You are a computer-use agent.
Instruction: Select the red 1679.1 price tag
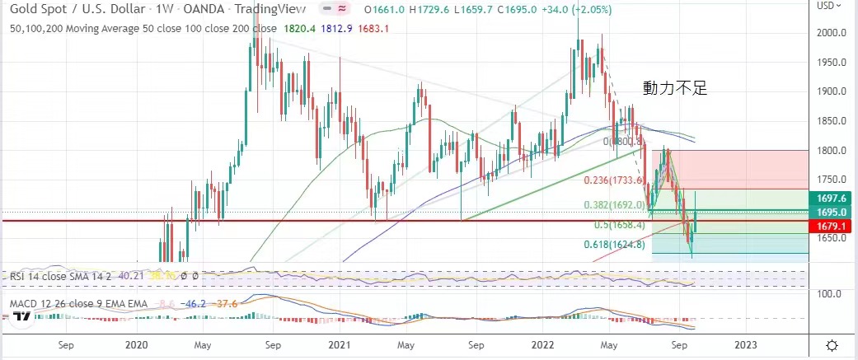pyautogui.click(x=831, y=226)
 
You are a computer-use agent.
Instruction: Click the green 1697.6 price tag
pyautogui.click(x=831, y=198)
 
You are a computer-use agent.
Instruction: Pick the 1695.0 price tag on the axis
pyautogui.click(x=831, y=212)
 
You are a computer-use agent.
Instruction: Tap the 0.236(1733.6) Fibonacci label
pyautogui.click(x=613, y=180)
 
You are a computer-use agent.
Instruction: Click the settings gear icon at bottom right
pyautogui.click(x=832, y=345)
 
